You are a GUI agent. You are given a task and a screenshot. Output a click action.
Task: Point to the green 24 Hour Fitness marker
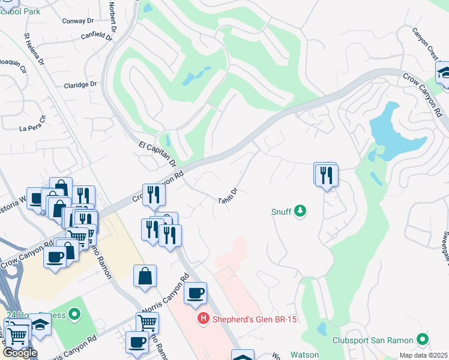pyautogui.click(x=74, y=314)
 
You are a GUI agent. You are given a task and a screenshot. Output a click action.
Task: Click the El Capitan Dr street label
pyautogui.click(x=157, y=154)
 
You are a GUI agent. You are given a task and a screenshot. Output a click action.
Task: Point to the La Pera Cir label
pyautogui.click(x=32, y=126)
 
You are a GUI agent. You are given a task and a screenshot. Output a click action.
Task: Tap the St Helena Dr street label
pyautogui.click(x=34, y=49)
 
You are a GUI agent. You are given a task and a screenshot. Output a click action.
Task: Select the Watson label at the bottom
pyautogui.click(x=305, y=355)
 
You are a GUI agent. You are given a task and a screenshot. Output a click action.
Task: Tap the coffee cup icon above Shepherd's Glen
pyautogui.click(x=195, y=293)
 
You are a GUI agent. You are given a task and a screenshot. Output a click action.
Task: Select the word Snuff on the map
pyautogui.click(x=281, y=211)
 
